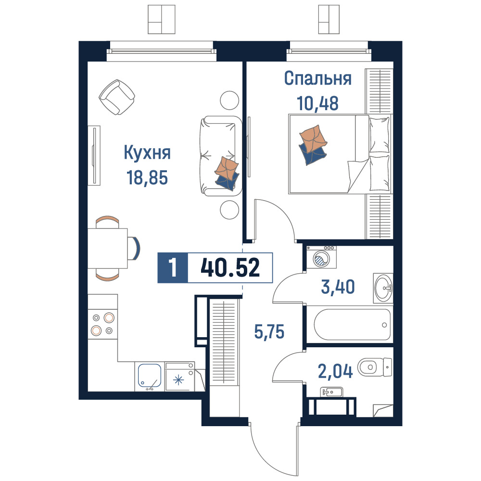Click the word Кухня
pyautogui.click(x=147, y=152)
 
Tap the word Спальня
pyautogui.click(x=318, y=78)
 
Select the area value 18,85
pyautogui.click(x=147, y=177)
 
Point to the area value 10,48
pyautogui.click(x=318, y=103)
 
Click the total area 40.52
pyautogui.click(x=230, y=267)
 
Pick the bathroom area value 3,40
pyautogui.click(x=338, y=287)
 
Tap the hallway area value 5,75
pyautogui.click(x=269, y=331)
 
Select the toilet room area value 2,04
pyautogui.click(x=335, y=371)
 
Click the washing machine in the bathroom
pyautogui.click(x=321, y=257)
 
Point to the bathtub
pyautogui.click(x=352, y=325)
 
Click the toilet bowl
pyautogui.click(x=375, y=367)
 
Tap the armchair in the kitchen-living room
pyautogui.click(x=117, y=97)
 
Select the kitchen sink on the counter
pyautogui.click(x=150, y=376)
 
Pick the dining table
pyautogui.click(x=107, y=249)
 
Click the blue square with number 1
pyautogui.click(x=172, y=267)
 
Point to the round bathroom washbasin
pyautogui.click(x=383, y=288)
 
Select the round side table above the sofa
pyautogui.click(x=229, y=101)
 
